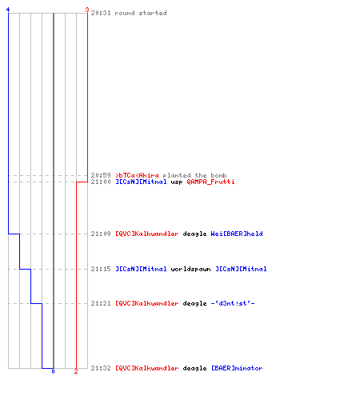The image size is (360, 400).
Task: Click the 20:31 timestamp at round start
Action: pyautogui.click(x=101, y=13)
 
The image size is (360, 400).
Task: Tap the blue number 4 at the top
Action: pyautogui.click(x=8, y=10)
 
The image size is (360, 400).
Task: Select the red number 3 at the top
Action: pyautogui.click(x=87, y=10)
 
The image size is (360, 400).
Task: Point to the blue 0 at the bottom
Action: pyautogui.click(x=53, y=371)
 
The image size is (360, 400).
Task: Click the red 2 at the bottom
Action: pyautogui.click(x=76, y=371)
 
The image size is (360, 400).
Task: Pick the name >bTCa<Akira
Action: pyautogui.click(x=137, y=175)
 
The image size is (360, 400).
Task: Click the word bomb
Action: pyautogui.click(x=218, y=175)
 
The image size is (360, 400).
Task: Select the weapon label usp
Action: pyautogui.click(x=177, y=182)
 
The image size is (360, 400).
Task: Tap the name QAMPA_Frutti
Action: pyautogui.click(x=210, y=182)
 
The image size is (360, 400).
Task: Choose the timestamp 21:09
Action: pyautogui.click(x=101, y=234)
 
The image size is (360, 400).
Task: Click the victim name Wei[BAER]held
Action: pyautogui.click(x=237, y=234)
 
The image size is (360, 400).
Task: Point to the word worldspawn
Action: pyautogui.click(x=190, y=269)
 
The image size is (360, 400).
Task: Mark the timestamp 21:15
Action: pyautogui.click(x=101, y=269)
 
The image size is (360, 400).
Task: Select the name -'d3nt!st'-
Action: pyautogui.click(x=233, y=303)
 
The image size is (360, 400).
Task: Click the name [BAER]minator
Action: pyautogui.click(x=237, y=368)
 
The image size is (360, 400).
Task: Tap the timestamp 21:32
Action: pyautogui.click(x=101, y=368)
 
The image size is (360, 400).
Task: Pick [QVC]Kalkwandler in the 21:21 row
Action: pyautogui.click(x=147, y=303)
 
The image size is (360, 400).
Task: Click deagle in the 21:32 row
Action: pyautogui.click(x=194, y=368)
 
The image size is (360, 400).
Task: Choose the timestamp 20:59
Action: pyautogui.click(x=101, y=175)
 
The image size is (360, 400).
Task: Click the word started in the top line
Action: pyautogui.click(x=153, y=13)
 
